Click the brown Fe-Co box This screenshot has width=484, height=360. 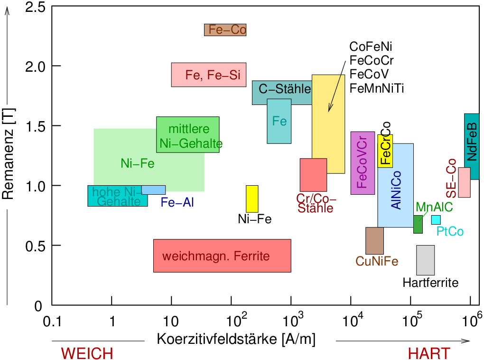click(225, 29)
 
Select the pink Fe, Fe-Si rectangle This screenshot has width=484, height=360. click(209, 75)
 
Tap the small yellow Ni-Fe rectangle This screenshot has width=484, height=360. click(252, 199)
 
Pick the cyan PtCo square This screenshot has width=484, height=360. click(436, 219)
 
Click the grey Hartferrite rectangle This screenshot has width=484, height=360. click(425, 260)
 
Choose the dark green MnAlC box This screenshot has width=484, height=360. click(418, 224)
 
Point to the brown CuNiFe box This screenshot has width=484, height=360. click(374, 240)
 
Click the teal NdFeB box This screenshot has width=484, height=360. click(472, 146)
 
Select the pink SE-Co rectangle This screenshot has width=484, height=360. click(464, 182)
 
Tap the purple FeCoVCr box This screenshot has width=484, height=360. click(363, 163)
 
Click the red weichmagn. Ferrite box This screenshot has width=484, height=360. click(222, 256)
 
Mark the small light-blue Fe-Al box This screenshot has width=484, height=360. click(153, 189)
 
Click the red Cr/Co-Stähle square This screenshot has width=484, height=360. click(313, 175)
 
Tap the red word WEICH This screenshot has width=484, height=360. click(87, 354)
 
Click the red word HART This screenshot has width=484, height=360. click(429, 354)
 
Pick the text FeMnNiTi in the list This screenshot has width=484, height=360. click(377, 88)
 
